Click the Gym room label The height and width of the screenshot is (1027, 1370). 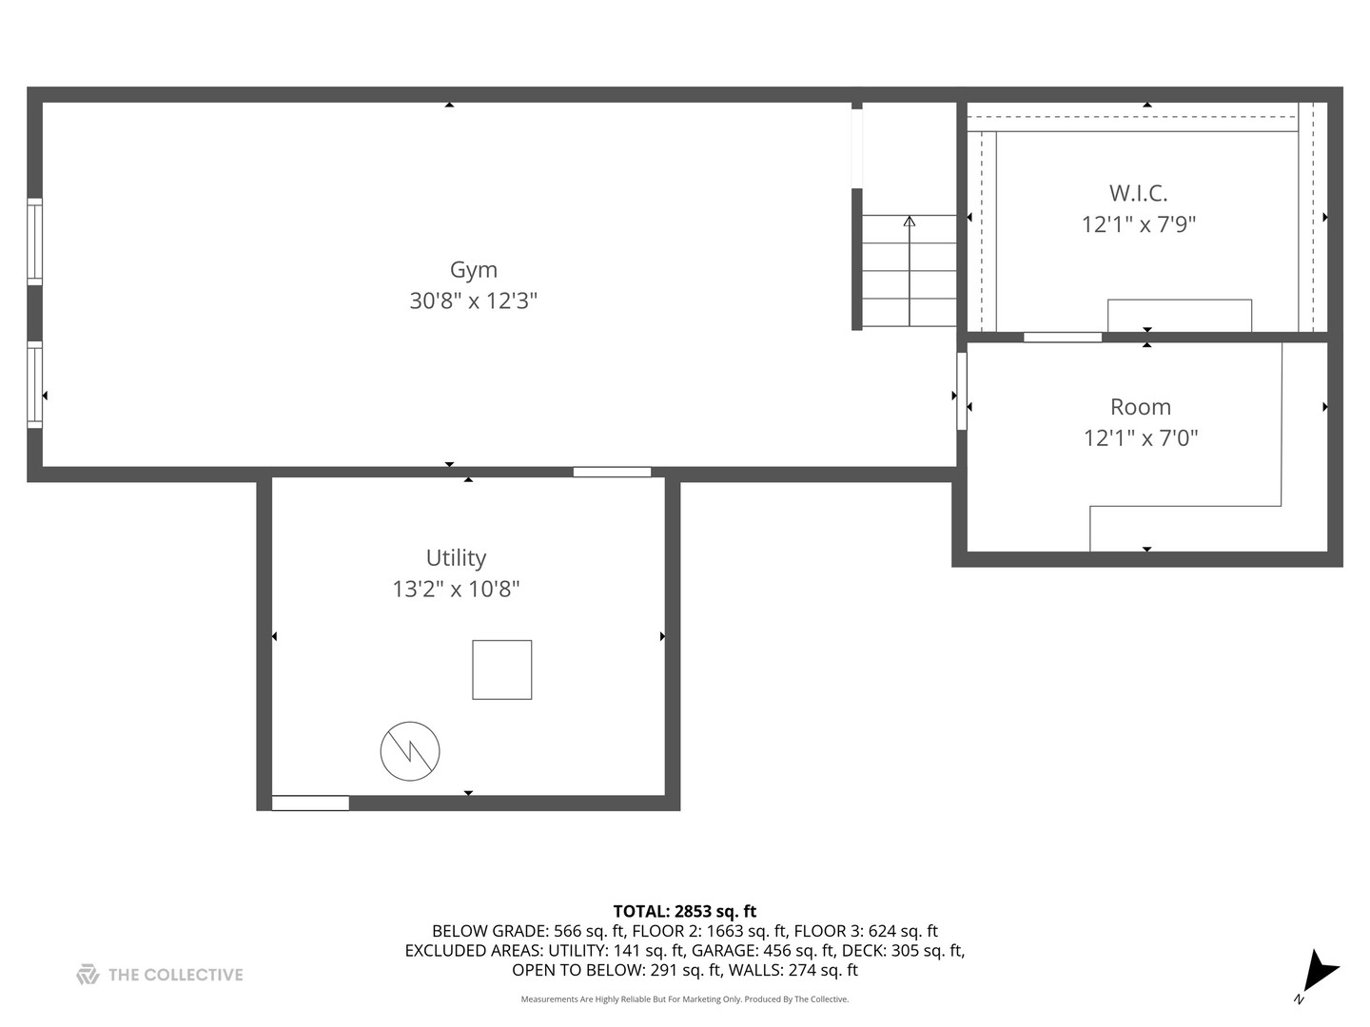pos(473,270)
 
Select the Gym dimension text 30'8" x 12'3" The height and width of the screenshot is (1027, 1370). pos(473,301)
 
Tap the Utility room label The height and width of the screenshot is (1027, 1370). pos(456,558)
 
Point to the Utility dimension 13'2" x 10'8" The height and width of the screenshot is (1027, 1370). pos(456,590)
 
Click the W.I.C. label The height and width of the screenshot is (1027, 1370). pos(1138,193)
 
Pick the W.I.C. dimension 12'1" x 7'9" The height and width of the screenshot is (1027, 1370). pos(1138,224)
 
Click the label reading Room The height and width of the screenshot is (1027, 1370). pos(1140,407)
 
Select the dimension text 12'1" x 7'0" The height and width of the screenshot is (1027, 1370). pos(1140,438)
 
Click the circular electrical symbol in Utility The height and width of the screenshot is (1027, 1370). pos(410,751)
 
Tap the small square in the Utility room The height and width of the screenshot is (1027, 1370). pos(501,670)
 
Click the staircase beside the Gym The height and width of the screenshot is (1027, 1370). pos(909,271)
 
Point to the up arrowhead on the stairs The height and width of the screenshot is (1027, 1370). pos(909,222)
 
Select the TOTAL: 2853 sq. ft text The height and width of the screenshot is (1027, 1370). pos(684,912)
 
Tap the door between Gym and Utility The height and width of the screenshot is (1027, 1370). pos(612,472)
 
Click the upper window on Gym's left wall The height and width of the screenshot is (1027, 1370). pos(34,242)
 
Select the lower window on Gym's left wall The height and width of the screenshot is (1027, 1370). pos(34,384)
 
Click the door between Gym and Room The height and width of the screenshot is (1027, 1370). pos(962,391)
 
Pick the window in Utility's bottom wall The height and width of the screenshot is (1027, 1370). pos(310,804)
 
